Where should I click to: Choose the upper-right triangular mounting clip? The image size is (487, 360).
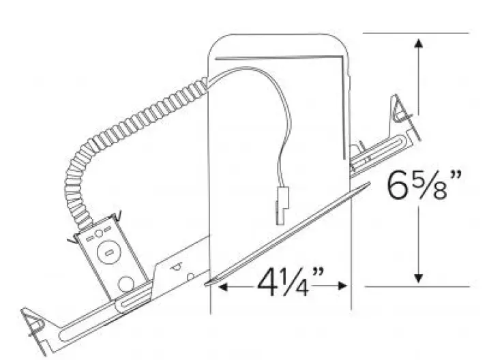pos(401,112)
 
